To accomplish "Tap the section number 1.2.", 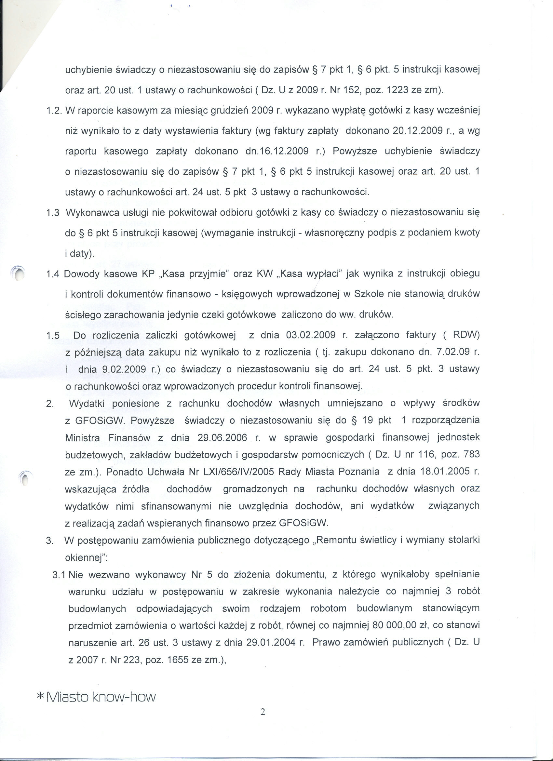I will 54,110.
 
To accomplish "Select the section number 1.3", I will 53,213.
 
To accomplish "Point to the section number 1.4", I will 53,274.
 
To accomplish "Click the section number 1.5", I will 53,335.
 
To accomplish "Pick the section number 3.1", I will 60,575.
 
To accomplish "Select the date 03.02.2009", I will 311,335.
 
